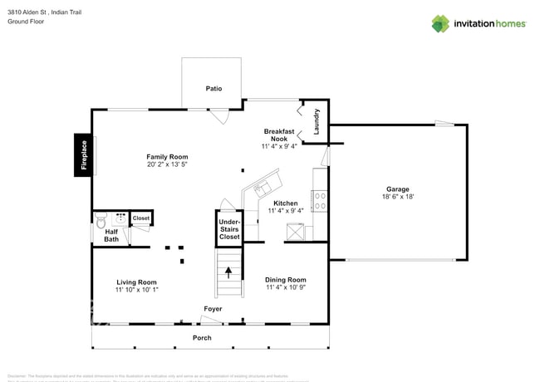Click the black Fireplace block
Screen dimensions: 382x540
click(82, 155)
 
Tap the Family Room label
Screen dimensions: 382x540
click(167, 157)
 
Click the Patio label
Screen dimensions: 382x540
click(214, 88)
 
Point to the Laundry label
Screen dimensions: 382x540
click(317, 123)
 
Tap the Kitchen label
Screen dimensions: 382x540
click(286, 203)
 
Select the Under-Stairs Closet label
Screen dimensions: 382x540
click(229, 229)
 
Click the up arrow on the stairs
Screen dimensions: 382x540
click(228, 271)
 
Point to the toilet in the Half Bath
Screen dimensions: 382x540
click(101, 221)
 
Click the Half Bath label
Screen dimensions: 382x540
click(111, 236)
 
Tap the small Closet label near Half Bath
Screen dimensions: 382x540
click(141, 218)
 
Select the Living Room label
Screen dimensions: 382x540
click(136, 282)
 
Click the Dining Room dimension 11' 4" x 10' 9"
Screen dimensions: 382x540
click(286, 288)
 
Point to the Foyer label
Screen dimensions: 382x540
click(213, 309)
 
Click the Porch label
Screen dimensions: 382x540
click(202, 338)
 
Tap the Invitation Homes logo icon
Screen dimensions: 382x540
click(440, 23)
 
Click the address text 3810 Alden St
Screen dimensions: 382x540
click(32, 12)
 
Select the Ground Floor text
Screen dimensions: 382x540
click(26, 22)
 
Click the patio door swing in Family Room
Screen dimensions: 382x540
click(218, 118)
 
